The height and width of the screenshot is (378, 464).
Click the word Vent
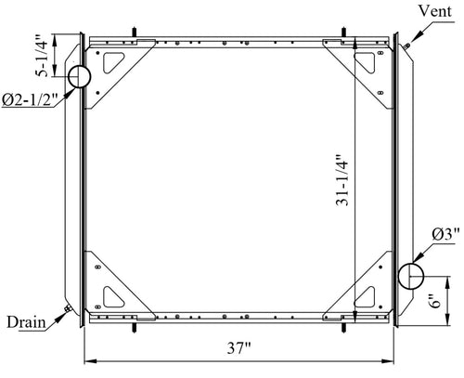435,11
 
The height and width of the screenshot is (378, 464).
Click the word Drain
26,322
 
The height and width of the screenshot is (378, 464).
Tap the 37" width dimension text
238,348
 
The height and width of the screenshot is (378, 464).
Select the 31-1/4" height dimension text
342,180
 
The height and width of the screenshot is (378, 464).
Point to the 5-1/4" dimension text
42,56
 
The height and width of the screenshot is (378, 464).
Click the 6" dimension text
436,301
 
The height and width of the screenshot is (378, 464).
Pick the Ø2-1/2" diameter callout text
30,99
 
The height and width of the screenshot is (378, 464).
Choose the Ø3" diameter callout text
445,234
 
